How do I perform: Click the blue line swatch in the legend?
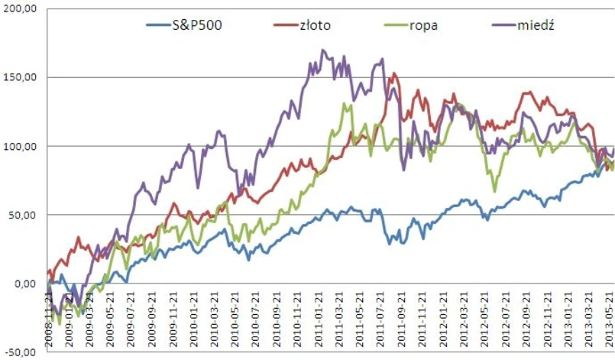click(163, 26)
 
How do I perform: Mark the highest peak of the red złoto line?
click(393, 74)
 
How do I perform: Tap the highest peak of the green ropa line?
click(345, 103)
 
